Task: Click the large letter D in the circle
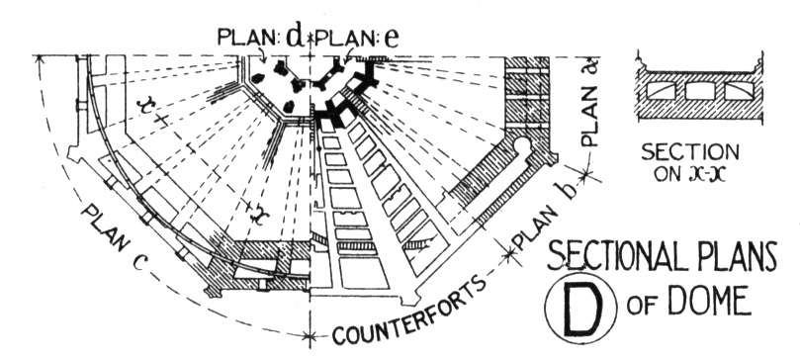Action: pyautogui.click(x=581, y=309)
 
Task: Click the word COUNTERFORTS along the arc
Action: pyautogui.click(x=407, y=312)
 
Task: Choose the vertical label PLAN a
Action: pyautogui.click(x=590, y=103)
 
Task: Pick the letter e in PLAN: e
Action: pyautogui.click(x=391, y=40)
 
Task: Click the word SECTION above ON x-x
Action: pyautogui.click(x=690, y=151)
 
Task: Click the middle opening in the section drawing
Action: pyautogui.click(x=699, y=91)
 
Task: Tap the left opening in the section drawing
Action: pyautogui.click(x=661, y=91)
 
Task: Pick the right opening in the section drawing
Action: pyautogui.click(x=740, y=91)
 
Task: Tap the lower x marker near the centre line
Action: pyautogui.click(x=259, y=216)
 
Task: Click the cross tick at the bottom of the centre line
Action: pyautogui.click(x=310, y=336)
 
